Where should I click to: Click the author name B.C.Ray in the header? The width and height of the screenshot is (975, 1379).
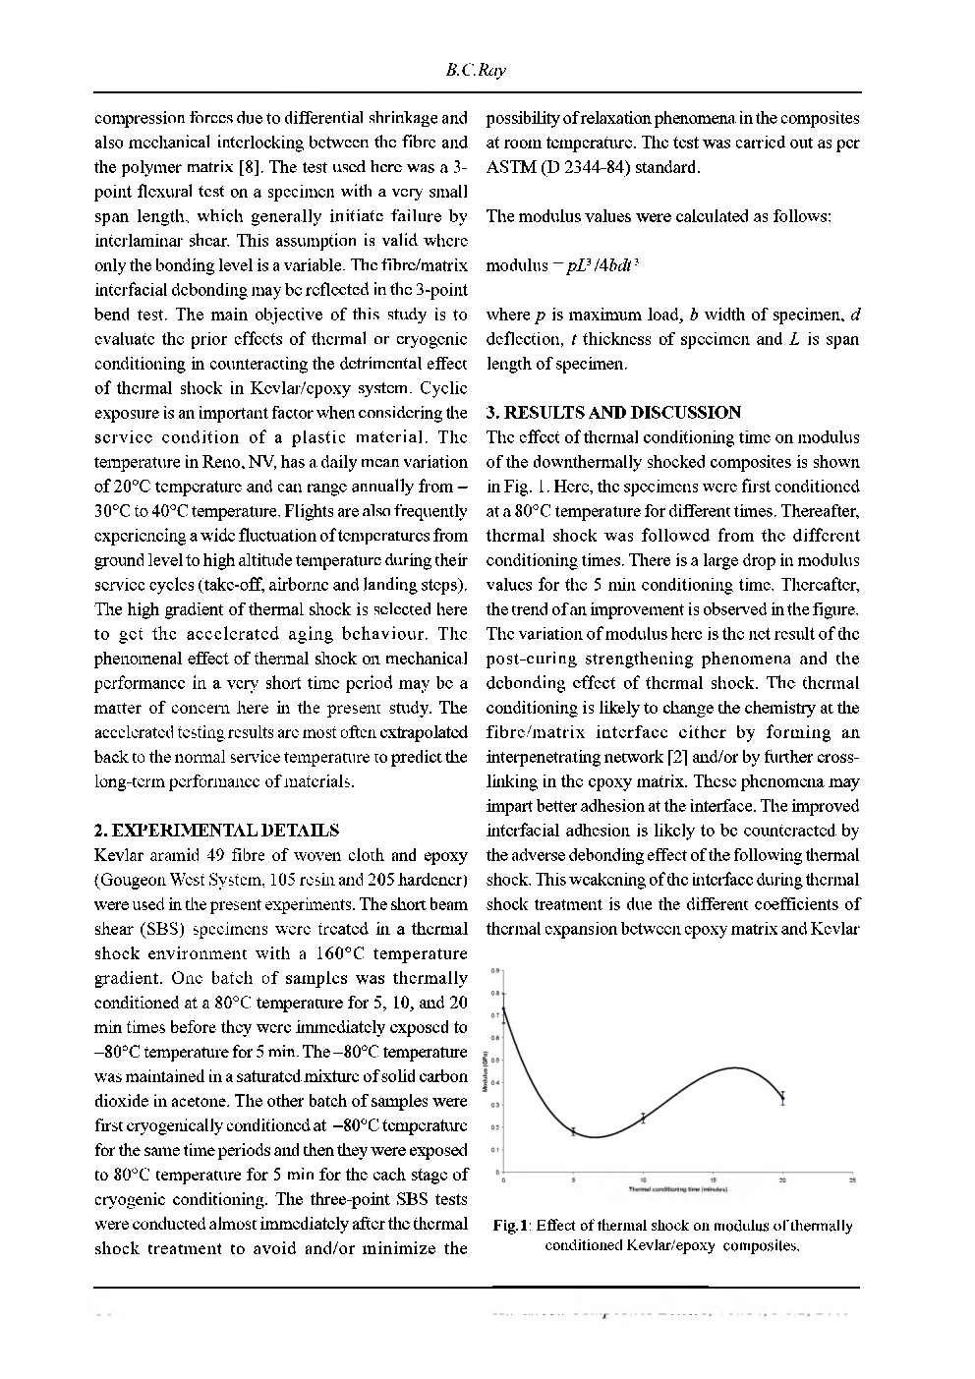pos(476,72)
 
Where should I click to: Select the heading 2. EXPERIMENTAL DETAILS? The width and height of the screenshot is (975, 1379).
pos(216,831)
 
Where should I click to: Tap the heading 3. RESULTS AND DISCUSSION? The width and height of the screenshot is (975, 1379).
pos(613,413)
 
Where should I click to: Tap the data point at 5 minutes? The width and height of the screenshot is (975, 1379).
pos(573,1131)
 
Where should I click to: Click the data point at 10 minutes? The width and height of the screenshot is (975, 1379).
pos(643,1118)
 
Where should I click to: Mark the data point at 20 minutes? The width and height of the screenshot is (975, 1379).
pos(782,1098)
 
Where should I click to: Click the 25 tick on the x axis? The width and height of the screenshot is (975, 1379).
pos(852,1179)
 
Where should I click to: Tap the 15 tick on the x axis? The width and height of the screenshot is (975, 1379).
pos(713,1179)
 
